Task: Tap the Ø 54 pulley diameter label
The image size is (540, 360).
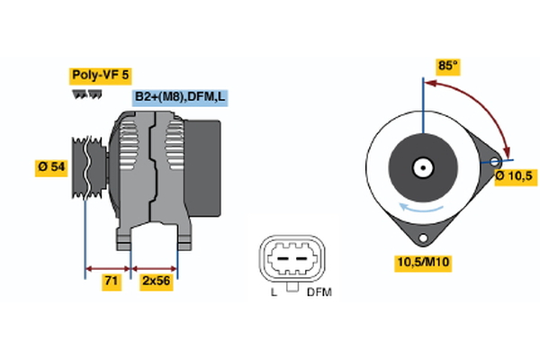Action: point(51,168)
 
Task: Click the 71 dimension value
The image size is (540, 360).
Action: point(110,281)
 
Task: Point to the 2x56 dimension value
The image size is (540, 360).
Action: point(156,281)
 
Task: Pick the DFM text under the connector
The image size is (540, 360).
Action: point(319,293)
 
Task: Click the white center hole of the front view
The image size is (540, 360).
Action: point(421,167)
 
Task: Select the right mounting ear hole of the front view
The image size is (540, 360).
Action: point(494,162)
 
